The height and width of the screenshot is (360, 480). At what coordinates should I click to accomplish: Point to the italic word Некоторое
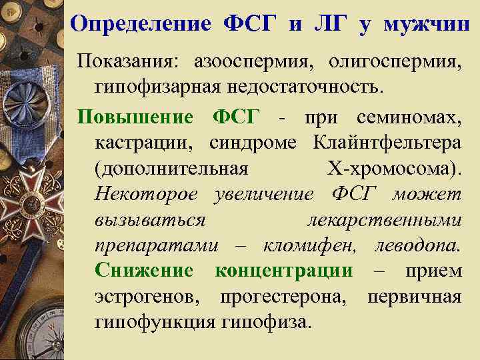[146, 195]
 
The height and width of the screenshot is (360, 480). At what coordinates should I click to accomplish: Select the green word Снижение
[144, 271]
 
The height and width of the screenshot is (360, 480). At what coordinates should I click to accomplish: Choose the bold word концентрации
[284, 271]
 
